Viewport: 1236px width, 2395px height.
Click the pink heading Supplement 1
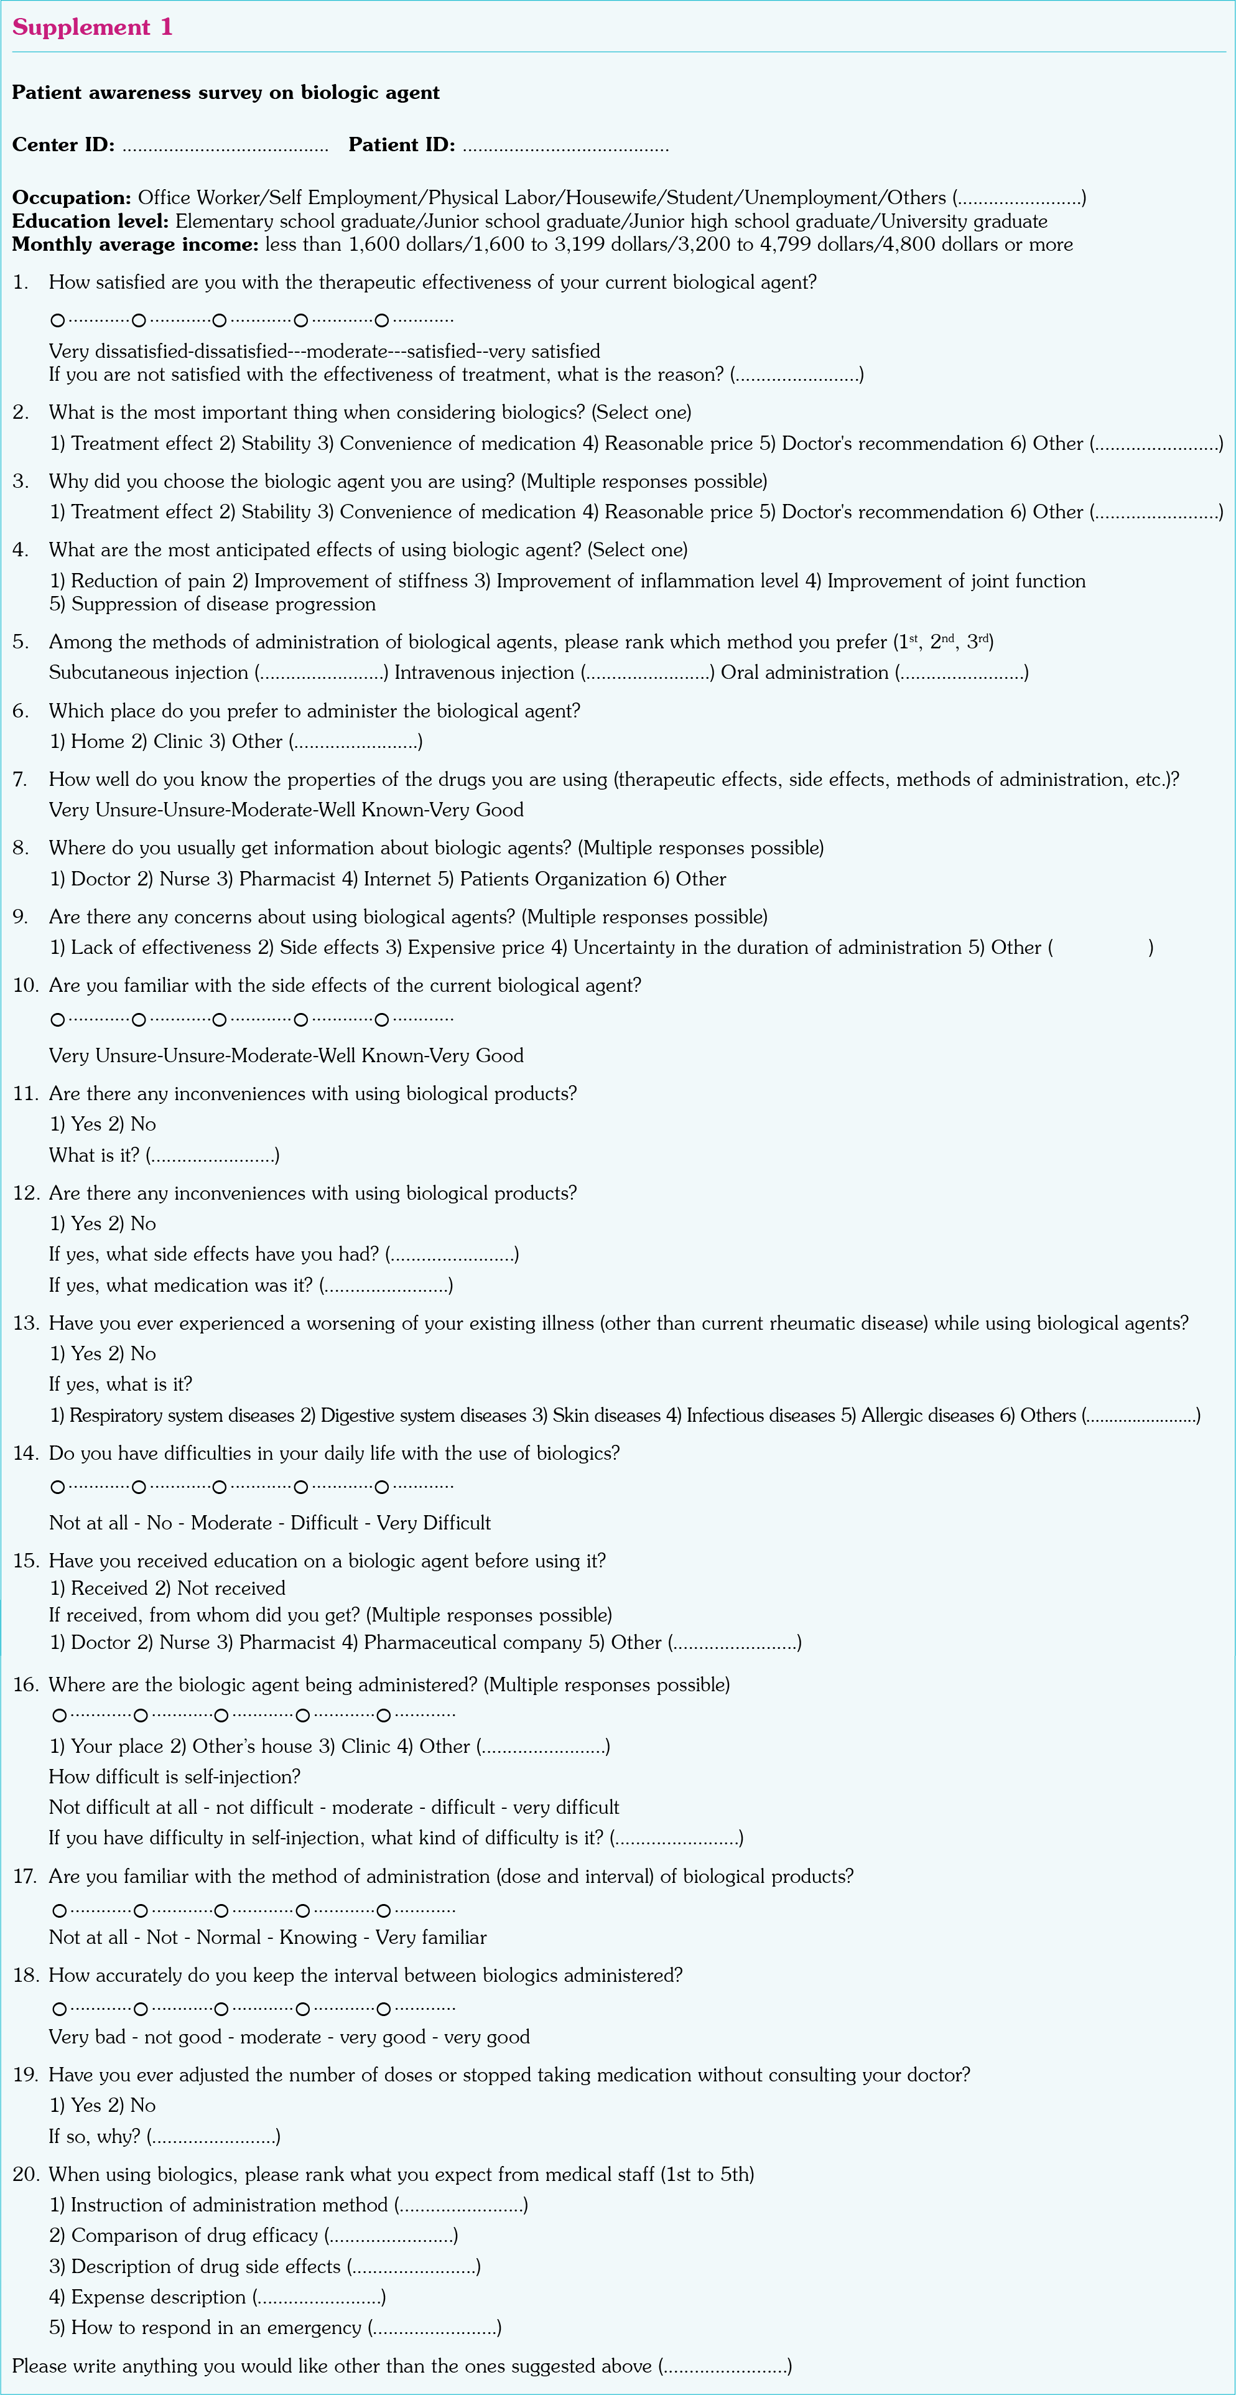92,27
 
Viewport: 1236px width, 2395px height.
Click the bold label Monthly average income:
135,245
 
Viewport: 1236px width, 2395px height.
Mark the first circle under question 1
58,320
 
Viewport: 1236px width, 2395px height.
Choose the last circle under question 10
382,1020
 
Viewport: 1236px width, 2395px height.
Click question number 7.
19,780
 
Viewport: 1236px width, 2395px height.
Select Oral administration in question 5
805,673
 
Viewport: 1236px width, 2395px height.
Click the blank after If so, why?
214,2137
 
